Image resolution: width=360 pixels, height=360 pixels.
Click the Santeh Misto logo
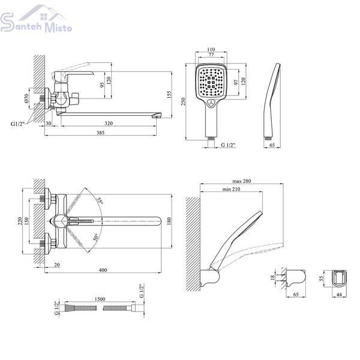point(36,19)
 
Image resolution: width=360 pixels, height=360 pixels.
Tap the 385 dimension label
point(100,133)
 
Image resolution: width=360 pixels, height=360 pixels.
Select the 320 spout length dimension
point(109,123)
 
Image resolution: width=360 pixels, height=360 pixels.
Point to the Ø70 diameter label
point(26,98)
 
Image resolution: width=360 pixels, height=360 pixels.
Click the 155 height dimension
point(169,95)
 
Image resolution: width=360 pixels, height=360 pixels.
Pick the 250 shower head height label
point(183,101)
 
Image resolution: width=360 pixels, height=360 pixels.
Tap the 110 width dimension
point(211,49)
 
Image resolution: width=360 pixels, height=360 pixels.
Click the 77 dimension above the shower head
point(211,55)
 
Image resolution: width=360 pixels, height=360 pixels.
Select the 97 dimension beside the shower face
point(236,82)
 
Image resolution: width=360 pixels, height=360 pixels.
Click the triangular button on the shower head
point(211,103)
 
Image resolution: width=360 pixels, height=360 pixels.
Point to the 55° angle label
point(100,201)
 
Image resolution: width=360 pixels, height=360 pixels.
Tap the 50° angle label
point(96,237)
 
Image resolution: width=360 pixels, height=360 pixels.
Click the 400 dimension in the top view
point(103,270)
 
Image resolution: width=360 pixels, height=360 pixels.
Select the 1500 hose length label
point(100,299)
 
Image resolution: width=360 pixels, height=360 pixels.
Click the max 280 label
point(242,181)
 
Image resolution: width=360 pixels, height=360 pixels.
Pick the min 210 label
point(231,189)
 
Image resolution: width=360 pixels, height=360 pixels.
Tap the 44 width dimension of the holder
point(339,295)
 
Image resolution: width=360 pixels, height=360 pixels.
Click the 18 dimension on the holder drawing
point(272,277)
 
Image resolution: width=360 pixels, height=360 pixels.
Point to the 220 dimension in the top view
point(20,221)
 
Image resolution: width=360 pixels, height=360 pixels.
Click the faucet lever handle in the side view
point(73,73)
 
